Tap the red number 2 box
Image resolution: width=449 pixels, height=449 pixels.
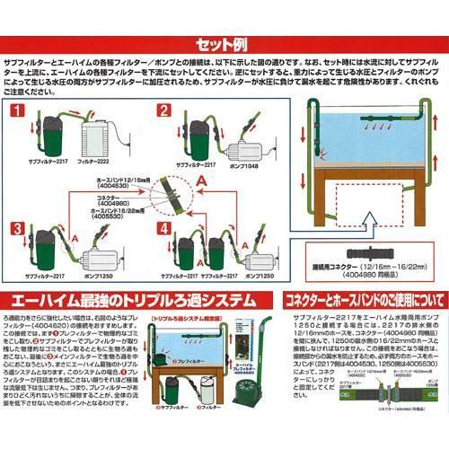pos(163,111)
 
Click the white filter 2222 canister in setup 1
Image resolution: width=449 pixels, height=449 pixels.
pos(98,141)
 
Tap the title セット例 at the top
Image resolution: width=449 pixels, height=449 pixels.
pos(224,42)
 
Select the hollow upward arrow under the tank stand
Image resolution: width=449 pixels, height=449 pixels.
pos(371,216)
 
